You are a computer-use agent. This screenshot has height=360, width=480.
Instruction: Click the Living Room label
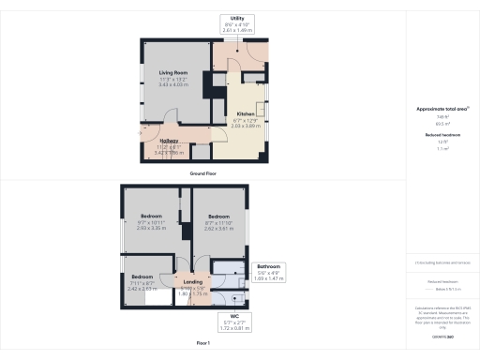[172, 71]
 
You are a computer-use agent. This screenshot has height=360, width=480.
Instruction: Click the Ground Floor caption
[203, 174]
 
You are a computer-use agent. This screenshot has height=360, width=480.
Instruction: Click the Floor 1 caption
[203, 343]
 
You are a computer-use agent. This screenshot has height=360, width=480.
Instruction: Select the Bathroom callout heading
[270, 266]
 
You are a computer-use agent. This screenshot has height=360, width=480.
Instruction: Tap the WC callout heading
[235, 316]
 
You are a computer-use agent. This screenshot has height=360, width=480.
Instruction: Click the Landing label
[192, 281]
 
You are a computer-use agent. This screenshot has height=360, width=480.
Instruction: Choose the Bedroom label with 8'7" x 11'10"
[217, 215]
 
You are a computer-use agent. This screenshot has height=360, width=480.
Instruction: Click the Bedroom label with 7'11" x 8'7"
[142, 277]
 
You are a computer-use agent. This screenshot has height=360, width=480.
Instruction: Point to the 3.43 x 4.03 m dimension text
[172, 84]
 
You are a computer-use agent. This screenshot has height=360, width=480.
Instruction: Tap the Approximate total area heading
[437, 109]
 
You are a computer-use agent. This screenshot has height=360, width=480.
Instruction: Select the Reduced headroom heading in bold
[439, 135]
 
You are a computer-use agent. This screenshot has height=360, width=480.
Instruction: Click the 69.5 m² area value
[439, 122]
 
